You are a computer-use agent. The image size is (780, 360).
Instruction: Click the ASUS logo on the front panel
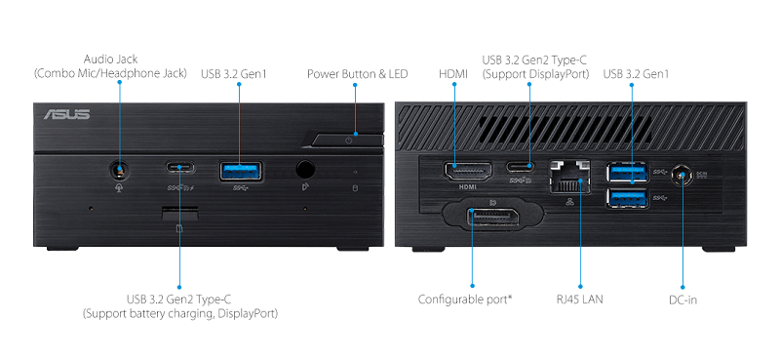pyautogui.click(x=66, y=114)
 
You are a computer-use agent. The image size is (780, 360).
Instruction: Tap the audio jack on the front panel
pyautogui.click(x=119, y=171)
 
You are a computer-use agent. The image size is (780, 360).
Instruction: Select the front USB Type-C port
pyautogui.click(x=180, y=167)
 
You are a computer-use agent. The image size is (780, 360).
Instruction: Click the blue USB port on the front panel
pyautogui.click(x=241, y=171)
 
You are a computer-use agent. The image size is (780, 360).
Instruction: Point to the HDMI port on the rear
pyautogui.click(x=468, y=172)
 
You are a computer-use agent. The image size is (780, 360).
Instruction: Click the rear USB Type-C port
pyautogui.click(x=521, y=166)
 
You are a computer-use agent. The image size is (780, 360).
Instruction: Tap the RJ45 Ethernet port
pyautogui.click(x=570, y=177)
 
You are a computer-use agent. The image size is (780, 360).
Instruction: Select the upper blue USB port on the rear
pyautogui.click(x=627, y=172)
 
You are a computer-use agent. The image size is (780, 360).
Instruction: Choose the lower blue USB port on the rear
pyautogui.click(x=627, y=198)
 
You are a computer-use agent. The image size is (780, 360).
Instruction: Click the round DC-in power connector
pyautogui.click(x=682, y=176)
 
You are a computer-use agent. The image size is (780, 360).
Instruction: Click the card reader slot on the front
pyautogui.click(x=179, y=213)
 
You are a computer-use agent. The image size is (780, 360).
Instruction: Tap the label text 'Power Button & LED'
pyautogui.click(x=357, y=74)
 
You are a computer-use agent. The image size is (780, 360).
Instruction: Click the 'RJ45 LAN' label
pyautogui.click(x=579, y=300)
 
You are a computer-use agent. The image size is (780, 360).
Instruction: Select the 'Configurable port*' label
pyautogui.click(x=465, y=300)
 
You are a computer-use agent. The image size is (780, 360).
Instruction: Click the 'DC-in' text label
pyautogui.click(x=682, y=300)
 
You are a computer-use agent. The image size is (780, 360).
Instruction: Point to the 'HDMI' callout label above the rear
pyautogui.click(x=453, y=74)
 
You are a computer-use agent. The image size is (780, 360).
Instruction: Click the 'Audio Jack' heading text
pyautogui.click(x=110, y=60)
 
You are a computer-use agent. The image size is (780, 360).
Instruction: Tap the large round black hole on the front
pyautogui.click(x=305, y=170)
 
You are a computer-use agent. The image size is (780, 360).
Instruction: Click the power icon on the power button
pyautogui.click(x=348, y=140)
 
